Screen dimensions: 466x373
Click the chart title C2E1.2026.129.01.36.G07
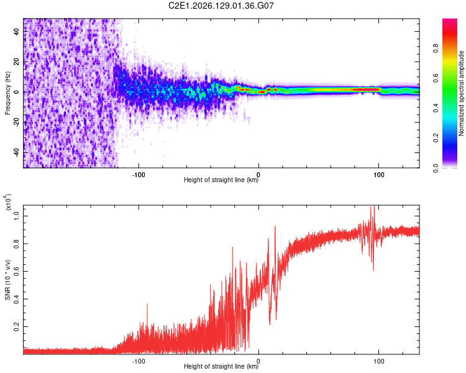[221, 6]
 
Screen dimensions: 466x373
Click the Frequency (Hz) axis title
[7, 93]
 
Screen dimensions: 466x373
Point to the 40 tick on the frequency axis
[17, 31]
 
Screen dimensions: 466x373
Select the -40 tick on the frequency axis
[17, 153]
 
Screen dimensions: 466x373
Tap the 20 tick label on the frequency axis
[17, 62]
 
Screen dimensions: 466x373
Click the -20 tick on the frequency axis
[17, 122]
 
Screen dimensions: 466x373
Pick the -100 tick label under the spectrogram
[139, 175]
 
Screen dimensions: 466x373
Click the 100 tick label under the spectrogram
[378, 175]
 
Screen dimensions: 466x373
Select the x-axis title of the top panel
[221, 180]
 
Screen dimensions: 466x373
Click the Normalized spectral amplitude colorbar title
[461, 93]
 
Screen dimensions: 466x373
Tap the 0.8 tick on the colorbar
[436, 48]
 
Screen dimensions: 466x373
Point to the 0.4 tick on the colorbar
[436, 108]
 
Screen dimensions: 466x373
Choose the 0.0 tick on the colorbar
[436, 168]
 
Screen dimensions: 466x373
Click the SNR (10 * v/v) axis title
[7, 280]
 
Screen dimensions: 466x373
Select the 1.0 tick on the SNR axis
[17, 216]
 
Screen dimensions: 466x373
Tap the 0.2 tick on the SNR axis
[17, 326]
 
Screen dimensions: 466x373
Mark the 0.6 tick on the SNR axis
[17, 271]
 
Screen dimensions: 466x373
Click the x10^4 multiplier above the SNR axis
[8, 202]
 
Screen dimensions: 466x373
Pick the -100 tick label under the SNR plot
[139, 361]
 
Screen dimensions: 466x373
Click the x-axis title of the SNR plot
[221, 366]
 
